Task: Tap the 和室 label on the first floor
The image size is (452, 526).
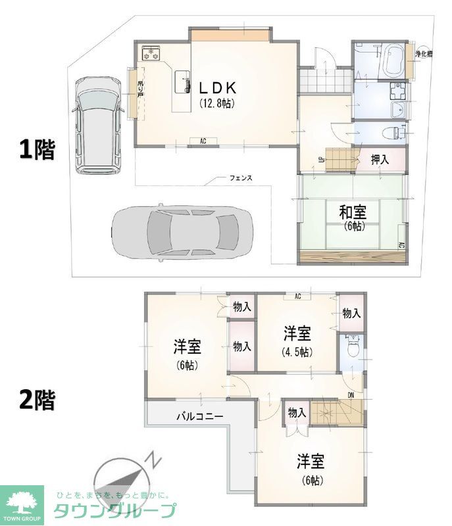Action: [349, 212]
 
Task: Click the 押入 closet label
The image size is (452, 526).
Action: [380, 158]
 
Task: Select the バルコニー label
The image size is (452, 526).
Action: [199, 416]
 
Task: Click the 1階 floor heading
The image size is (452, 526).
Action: [36, 150]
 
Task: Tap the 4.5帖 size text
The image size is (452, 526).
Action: [296, 352]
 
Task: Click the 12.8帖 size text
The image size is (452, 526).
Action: [218, 103]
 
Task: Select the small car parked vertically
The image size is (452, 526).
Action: [95, 125]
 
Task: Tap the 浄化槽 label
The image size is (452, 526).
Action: [423, 54]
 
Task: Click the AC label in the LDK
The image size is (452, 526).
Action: [203, 141]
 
